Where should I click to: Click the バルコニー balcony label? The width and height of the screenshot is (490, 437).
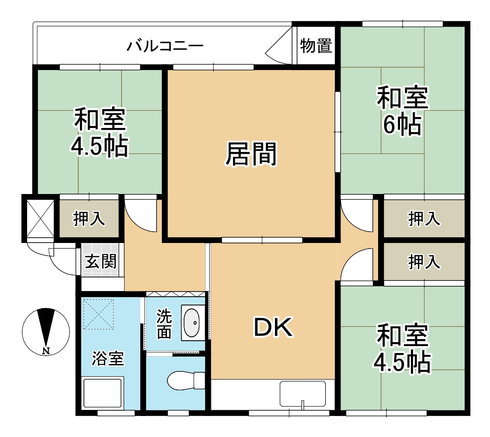pos(165,45)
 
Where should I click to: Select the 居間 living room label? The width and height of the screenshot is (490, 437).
pos(251,154)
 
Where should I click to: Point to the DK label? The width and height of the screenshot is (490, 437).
pos(274,328)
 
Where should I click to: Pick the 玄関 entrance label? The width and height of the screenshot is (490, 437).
pos(101,262)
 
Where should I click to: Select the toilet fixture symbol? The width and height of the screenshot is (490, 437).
pos(186,380)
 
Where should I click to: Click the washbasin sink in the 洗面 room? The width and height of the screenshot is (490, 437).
pos(192,323)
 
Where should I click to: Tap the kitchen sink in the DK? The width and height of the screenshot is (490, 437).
pos(302,395)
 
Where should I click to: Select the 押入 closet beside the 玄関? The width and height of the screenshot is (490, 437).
pos(89,218)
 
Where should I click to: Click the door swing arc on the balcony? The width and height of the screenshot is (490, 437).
pos(278,49)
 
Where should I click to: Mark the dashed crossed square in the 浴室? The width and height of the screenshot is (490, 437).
pos(98,314)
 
